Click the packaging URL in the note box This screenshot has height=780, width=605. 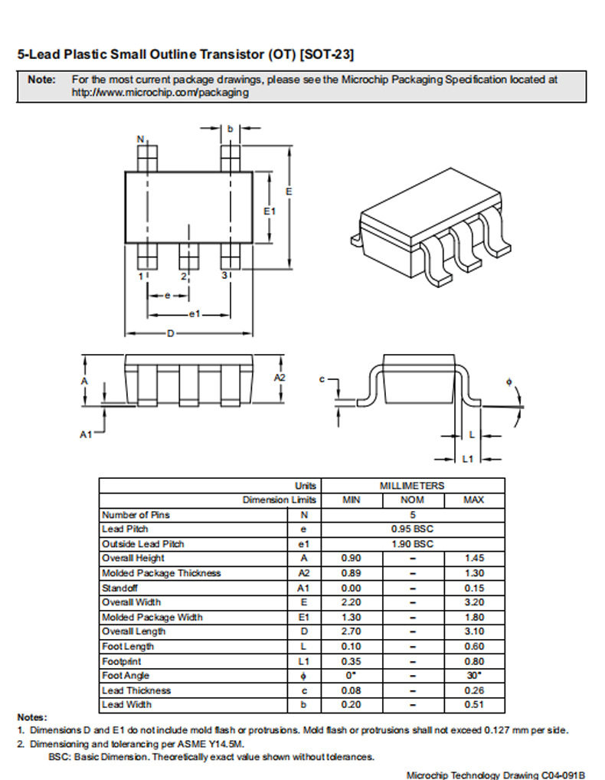[160, 93]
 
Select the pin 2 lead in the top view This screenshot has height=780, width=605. [189, 257]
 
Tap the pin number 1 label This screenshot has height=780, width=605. [141, 276]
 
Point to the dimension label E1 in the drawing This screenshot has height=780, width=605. [270, 211]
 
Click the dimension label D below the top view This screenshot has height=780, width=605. [171, 333]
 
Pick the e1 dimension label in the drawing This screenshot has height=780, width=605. [195, 314]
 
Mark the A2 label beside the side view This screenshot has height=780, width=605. [280, 378]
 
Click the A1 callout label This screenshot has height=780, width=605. [86, 434]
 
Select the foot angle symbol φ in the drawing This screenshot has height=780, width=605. [509, 382]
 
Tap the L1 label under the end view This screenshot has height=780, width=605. [468, 459]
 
